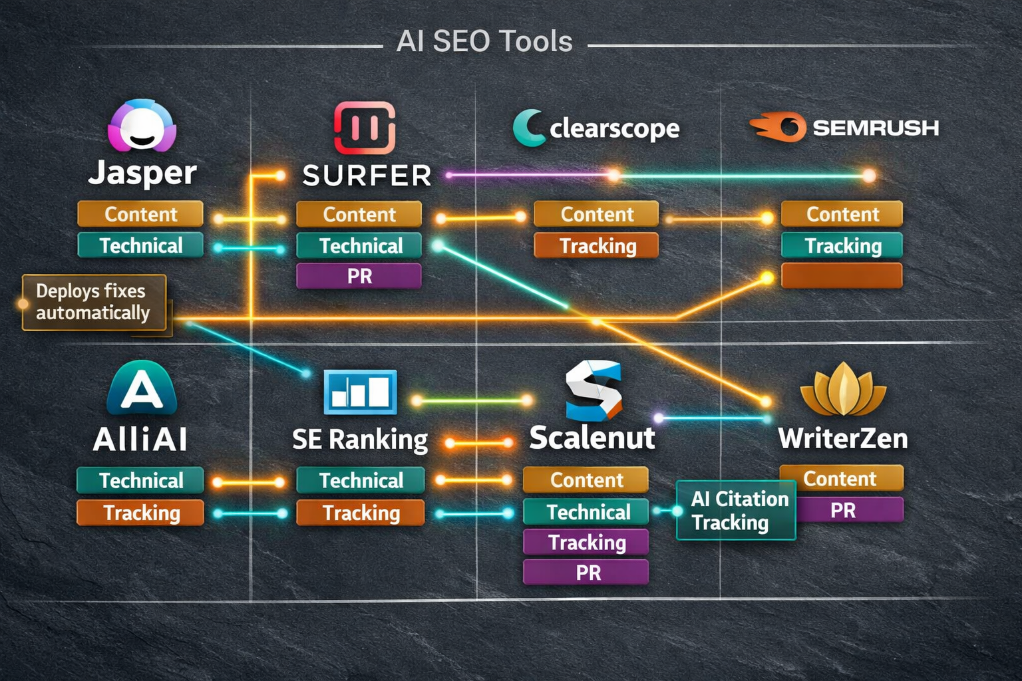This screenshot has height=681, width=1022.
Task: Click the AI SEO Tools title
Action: click(484, 41)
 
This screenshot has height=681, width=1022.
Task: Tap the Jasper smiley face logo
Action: click(142, 126)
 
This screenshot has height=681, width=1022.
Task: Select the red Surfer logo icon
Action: click(364, 128)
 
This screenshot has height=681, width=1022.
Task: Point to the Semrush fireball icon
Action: click(778, 126)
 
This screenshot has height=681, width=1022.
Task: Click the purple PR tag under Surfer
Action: click(359, 276)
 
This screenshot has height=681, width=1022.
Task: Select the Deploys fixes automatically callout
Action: click(93, 302)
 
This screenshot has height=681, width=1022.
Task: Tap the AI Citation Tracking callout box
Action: click(736, 510)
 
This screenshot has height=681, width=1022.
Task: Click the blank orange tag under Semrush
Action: click(842, 275)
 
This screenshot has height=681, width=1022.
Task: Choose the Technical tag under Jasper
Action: click(140, 245)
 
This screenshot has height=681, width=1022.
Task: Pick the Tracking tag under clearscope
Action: click(596, 245)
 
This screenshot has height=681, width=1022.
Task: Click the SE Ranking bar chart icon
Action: click(360, 392)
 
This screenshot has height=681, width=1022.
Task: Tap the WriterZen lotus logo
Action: click(843, 390)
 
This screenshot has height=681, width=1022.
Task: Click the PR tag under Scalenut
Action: click(586, 572)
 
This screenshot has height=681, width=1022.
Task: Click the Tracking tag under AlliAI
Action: click(140, 513)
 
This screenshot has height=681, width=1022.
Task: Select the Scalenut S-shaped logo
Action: click(593, 390)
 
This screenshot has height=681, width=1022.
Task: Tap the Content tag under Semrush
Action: click(842, 214)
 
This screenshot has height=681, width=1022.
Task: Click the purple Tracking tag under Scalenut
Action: click(586, 542)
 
